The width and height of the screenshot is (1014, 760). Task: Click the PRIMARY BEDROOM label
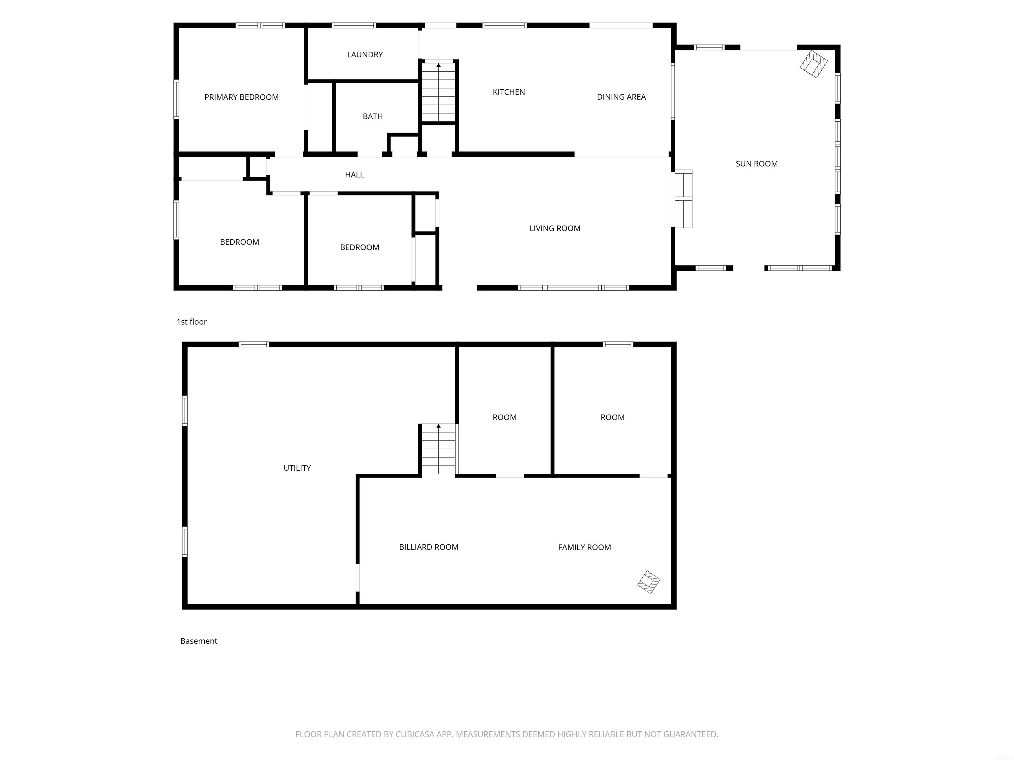tap(241, 97)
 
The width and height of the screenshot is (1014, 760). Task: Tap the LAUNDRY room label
tap(365, 54)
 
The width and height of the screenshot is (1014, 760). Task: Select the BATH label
tap(373, 116)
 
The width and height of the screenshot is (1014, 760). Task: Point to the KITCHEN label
tap(509, 92)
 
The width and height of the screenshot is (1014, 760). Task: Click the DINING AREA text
tap(621, 97)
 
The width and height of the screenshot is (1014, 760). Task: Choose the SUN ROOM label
tap(757, 164)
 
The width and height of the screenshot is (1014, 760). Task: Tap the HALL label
tap(355, 174)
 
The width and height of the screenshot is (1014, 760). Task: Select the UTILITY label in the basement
tap(297, 468)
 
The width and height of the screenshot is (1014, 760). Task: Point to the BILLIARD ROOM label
tap(429, 547)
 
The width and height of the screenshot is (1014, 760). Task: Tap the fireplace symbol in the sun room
tap(814, 64)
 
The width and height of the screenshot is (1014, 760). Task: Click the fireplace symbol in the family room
tap(649, 582)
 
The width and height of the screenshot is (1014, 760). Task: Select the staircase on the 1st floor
tap(439, 92)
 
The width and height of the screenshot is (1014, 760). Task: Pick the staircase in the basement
tap(439, 449)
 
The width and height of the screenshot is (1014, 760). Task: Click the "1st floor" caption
tap(192, 322)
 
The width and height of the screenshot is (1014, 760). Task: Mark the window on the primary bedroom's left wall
tap(176, 99)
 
